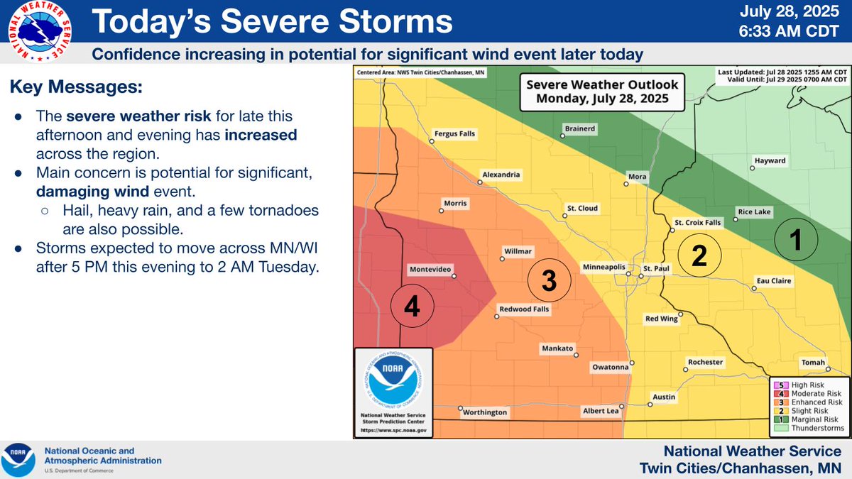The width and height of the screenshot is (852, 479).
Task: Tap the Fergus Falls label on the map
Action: coord(455,133)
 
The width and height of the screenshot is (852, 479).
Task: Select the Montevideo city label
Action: coord(432,270)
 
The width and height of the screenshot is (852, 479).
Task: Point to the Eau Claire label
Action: coord(773,281)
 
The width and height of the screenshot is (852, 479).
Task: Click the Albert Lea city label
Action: coord(601,411)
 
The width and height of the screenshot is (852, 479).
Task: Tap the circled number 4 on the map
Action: coord(412,307)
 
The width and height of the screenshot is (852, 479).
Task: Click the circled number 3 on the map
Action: coord(549,280)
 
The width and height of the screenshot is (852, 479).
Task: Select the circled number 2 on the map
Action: coord(699,255)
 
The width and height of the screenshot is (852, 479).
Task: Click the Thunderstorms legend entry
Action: coord(809,429)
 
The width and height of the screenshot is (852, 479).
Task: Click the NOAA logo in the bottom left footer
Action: coord(19,460)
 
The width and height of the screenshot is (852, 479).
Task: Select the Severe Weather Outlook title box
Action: coord(602,91)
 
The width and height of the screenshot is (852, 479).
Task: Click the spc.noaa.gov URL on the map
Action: coord(393,431)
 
